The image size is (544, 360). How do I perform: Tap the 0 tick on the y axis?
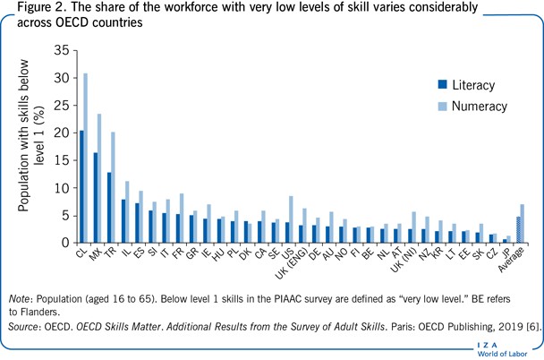click(x=64, y=243)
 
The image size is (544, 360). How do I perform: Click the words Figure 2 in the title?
click(x=33, y=8)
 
